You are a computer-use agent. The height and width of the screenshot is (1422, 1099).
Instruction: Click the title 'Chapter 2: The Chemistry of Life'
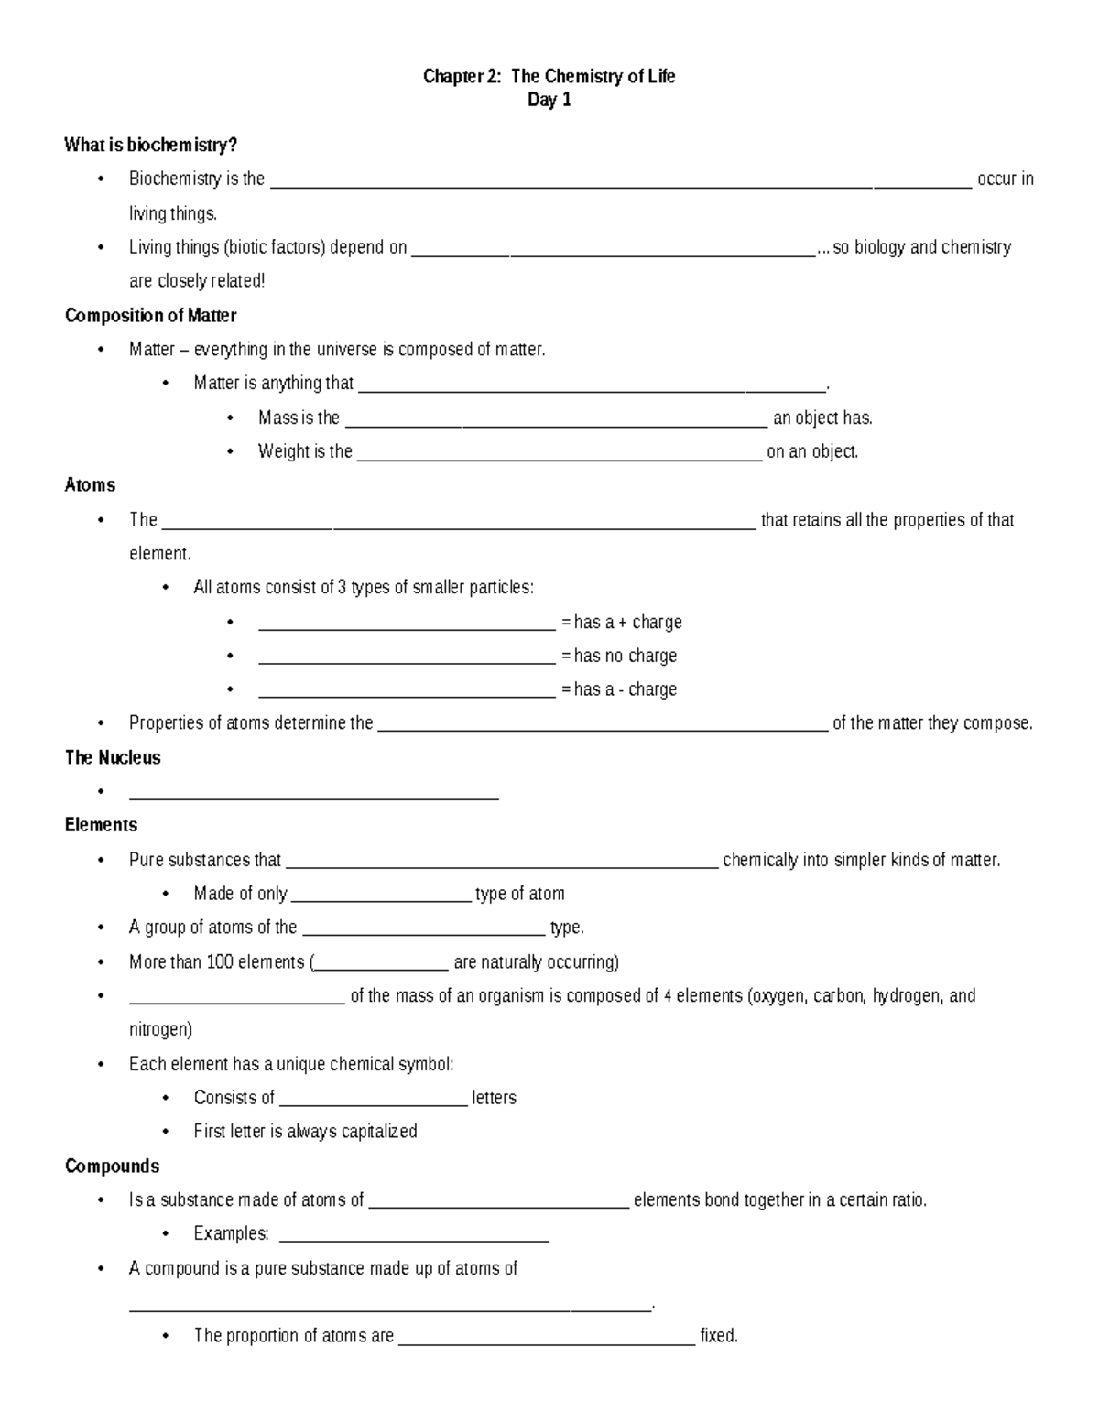(549, 77)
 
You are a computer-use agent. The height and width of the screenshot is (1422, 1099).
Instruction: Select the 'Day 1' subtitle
(549, 101)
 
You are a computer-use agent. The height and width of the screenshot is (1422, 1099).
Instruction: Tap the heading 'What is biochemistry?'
(150, 145)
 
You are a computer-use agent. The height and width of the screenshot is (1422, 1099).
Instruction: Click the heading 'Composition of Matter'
(150, 316)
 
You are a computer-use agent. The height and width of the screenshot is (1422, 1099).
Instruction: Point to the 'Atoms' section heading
(90, 485)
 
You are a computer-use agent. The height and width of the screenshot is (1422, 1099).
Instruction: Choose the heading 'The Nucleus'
(113, 757)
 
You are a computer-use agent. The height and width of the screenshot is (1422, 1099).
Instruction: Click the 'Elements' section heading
(101, 825)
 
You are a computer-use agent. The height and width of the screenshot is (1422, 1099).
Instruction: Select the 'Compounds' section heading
(112, 1166)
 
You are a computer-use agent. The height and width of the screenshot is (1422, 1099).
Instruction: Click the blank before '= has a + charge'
(407, 624)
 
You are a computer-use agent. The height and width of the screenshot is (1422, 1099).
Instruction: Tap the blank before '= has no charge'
(407, 658)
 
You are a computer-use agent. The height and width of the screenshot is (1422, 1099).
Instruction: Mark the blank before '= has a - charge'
(407, 692)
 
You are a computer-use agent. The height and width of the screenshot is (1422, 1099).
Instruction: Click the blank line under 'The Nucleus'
(314, 794)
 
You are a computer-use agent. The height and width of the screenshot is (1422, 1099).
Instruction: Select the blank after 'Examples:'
(413, 1236)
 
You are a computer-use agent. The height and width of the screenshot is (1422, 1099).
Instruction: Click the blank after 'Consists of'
(373, 1101)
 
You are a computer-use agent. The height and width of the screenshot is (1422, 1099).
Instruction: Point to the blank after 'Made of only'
(380, 896)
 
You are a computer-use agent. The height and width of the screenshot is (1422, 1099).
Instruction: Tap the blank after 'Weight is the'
(559, 454)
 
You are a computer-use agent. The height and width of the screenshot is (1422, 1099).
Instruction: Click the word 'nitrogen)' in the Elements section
(160, 1029)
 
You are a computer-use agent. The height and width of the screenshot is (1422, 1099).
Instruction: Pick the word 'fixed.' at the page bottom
(719, 1336)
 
